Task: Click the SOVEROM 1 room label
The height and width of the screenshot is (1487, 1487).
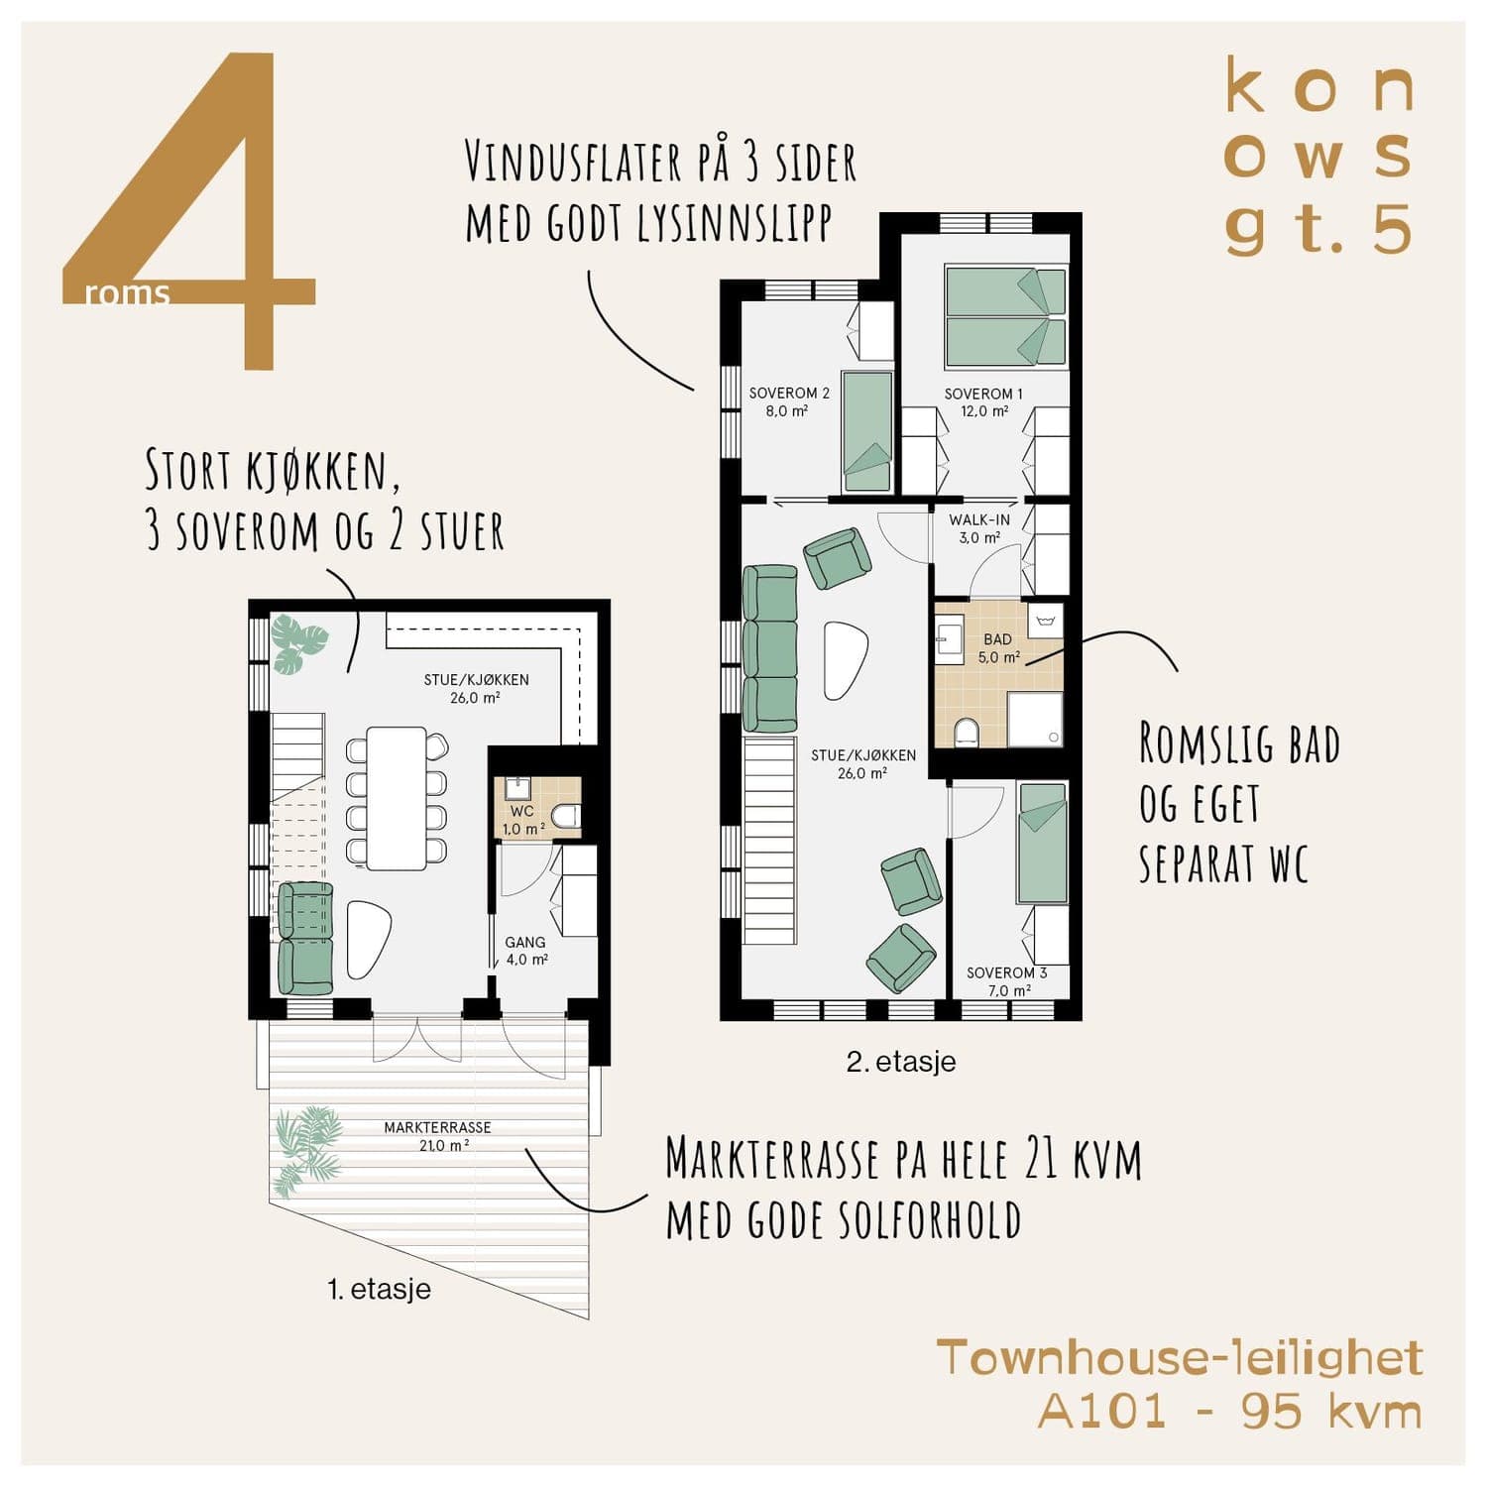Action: (982, 402)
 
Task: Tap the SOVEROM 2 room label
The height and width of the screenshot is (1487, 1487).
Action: (789, 401)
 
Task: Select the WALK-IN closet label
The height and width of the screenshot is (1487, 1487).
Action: (979, 528)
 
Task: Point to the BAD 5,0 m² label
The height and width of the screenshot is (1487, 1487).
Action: (998, 648)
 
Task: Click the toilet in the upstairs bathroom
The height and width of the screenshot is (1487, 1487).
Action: (965, 733)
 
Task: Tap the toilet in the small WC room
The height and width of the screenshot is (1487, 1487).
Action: (566, 817)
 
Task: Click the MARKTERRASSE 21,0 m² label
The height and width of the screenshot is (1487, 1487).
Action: (438, 1136)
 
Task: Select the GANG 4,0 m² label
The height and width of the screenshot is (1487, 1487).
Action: (526, 951)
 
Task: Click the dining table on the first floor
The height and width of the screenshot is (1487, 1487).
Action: (397, 798)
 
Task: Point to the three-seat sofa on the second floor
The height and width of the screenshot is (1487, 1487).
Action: (770, 648)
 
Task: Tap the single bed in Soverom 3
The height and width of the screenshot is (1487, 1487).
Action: (1043, 844)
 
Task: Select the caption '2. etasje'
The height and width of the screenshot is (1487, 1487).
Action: (901, 1062)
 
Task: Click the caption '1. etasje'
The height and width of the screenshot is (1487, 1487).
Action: (379, 1289)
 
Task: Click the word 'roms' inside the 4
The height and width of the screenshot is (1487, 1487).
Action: (128, 293)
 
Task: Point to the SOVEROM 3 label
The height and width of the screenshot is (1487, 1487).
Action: (1006, 981)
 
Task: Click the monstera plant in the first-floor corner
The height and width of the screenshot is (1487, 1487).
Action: (298, 643)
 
